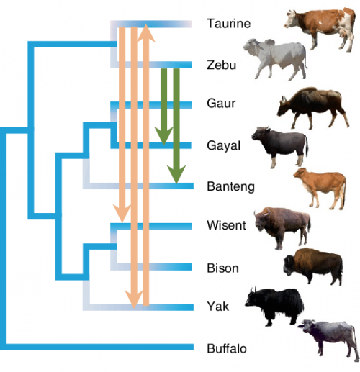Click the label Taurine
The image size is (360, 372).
tap(228, 24)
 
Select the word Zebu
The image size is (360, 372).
tap(220, 64)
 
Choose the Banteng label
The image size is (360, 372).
tap(228, 186)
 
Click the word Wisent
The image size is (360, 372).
tap(226, 226)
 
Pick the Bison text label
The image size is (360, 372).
tap(221, 267)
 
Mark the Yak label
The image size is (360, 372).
tap(217, 307)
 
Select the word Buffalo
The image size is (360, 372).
tap(226, 348)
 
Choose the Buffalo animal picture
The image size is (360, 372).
tap(327, 337)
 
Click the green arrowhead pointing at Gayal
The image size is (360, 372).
tap(163, 135)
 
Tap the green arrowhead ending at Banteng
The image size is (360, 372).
tap(175, 174)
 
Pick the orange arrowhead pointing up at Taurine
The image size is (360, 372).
tap(146, 32)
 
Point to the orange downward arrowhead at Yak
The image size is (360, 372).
tap(133, 296)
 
